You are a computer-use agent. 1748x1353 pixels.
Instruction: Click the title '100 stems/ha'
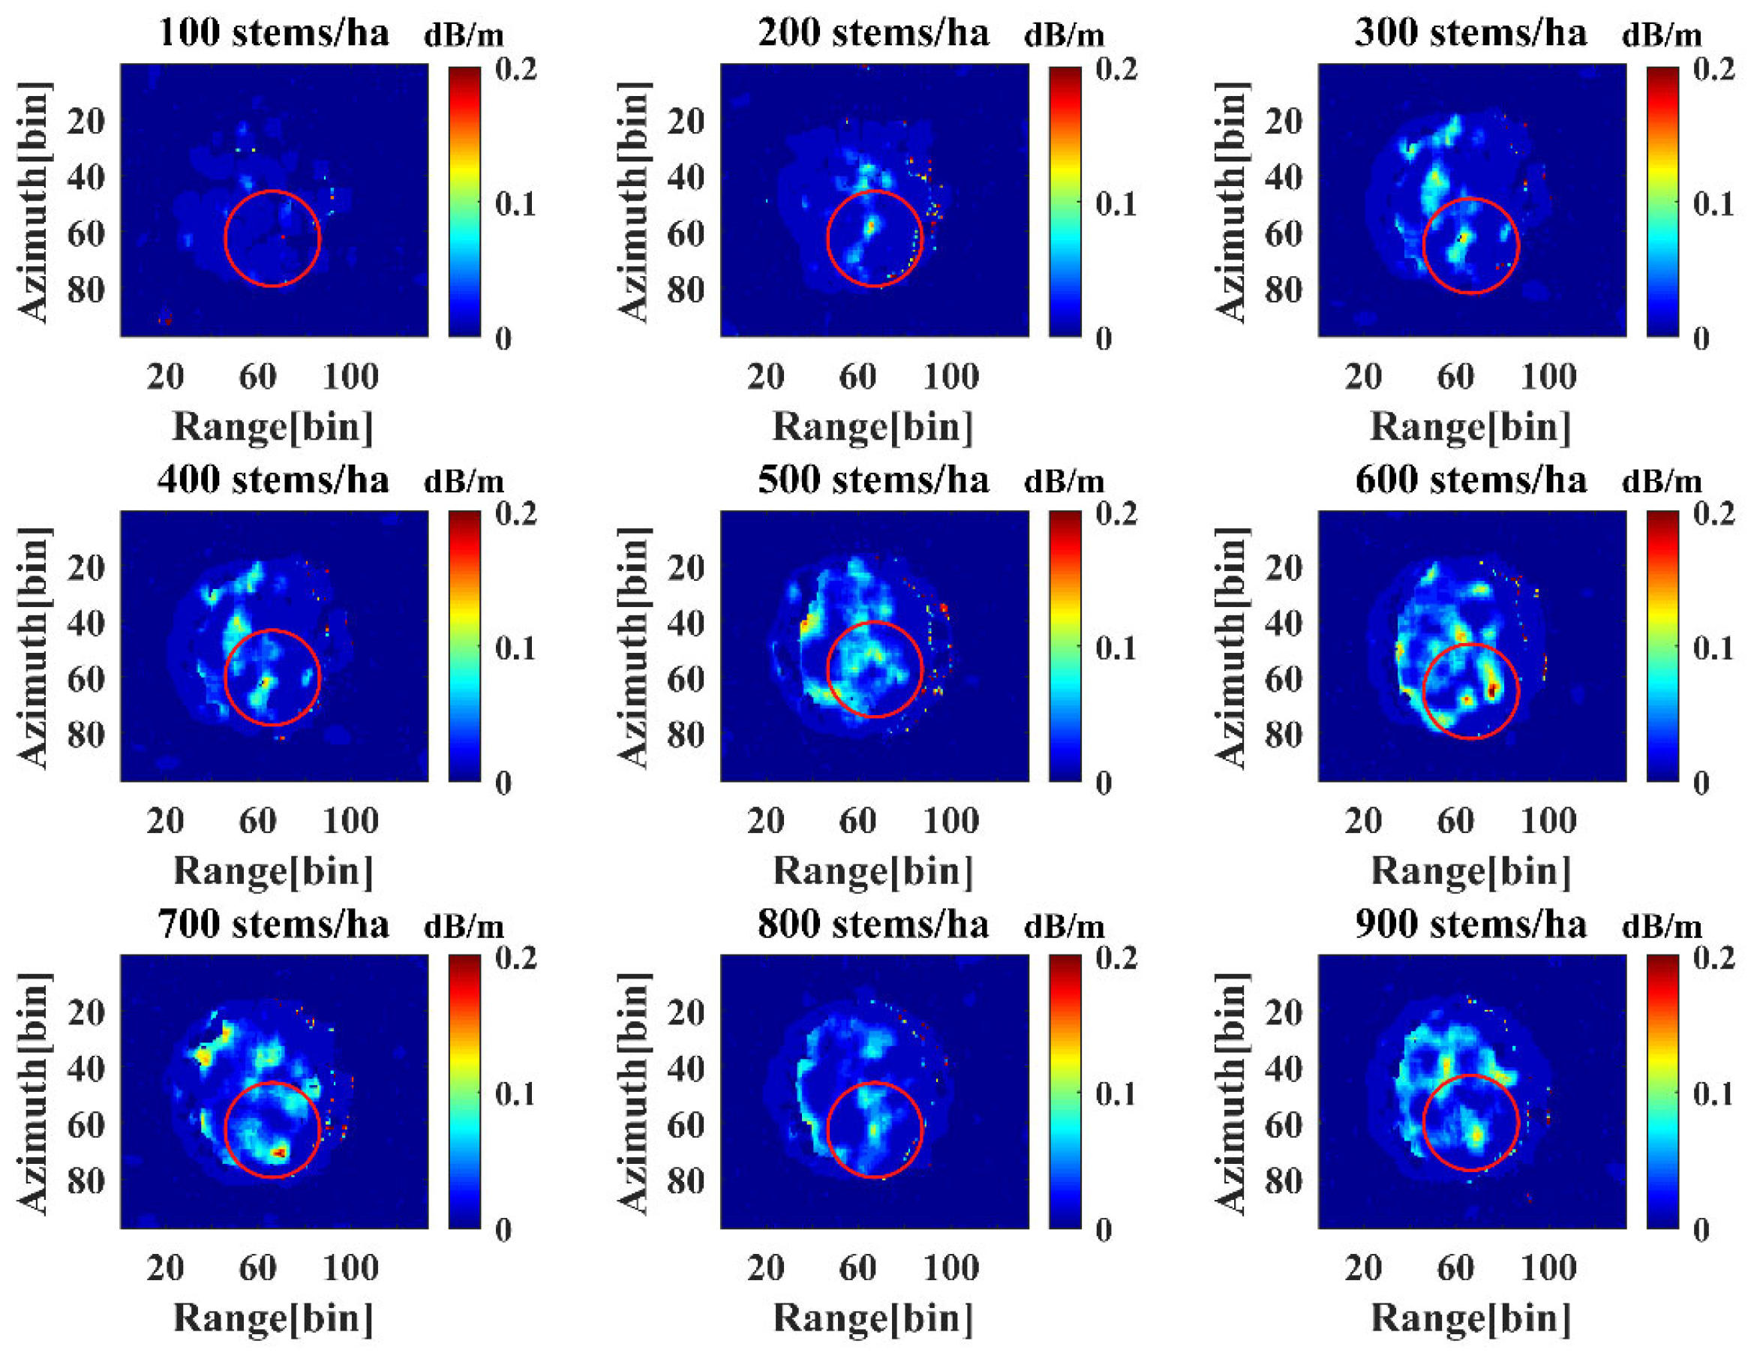click(x=274, y=34)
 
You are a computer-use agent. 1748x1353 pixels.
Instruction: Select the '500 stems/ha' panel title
click(x=873, y=480)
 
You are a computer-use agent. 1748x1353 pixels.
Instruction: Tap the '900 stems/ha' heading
click(x=1471, y=925)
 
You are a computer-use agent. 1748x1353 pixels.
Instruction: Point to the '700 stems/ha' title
click(x=274, y=925)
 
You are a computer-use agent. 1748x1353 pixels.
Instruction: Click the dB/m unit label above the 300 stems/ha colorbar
click(x=1662, y=36)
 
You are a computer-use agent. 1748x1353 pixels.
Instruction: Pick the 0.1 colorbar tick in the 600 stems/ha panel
click(x=1713, y=648)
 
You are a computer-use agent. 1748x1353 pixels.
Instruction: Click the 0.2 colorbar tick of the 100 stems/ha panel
click(x=516, y=70)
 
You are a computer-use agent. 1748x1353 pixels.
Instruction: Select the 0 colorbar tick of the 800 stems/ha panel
click(x=1103, y=1229)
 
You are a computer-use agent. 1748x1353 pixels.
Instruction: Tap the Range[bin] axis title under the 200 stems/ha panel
click(x=872, y=426)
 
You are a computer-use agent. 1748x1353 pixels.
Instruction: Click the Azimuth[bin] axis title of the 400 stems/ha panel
click(x=34, y=648)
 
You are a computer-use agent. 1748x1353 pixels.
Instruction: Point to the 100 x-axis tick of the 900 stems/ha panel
click(x=1548, y=1267)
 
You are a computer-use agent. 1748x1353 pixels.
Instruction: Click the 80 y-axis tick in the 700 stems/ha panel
click(x=86, y=1181)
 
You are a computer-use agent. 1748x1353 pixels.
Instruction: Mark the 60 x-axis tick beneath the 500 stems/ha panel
click(x=857, y=821)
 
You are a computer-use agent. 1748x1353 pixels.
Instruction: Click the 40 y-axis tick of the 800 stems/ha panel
click(x=686, y=1069)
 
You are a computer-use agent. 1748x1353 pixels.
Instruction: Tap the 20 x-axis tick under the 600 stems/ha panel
click(x=1363, y=821)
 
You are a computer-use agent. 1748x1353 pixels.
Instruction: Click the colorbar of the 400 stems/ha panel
click(x=464, y=646)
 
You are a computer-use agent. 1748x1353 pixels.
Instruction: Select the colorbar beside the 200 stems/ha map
click(x=1065, y=202)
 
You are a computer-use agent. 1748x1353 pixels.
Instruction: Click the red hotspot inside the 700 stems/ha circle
click(x=279, y=1152)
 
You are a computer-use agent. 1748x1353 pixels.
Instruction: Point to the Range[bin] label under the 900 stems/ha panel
click(x=1471, y=1317)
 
